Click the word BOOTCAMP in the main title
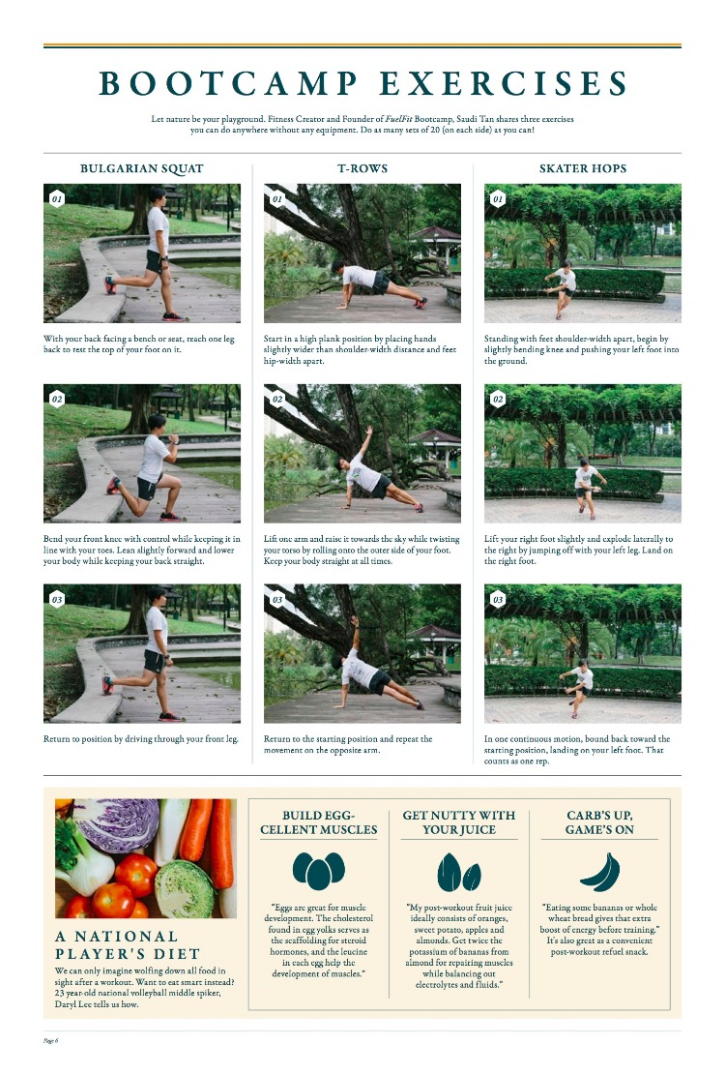click(228, 83)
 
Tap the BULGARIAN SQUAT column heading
click(142, 168)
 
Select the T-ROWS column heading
click(362, 168)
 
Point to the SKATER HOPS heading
click(583, 168)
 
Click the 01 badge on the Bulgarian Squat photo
click(57, 198)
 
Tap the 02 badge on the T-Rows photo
click(277, 399)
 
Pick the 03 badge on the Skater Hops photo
click(498, 599)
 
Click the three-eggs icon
click(318, 870)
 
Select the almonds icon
click(459, 872)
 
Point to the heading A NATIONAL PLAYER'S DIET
click(128, 945)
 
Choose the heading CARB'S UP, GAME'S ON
click(599, 822)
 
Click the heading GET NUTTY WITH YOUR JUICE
click(459, 822)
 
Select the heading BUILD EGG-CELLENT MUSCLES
click(318, 822)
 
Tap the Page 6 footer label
click(50, 1040)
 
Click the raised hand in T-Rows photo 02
click(370, 430)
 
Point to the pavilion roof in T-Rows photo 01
click(435, 233)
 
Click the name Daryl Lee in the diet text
click(73, 1004)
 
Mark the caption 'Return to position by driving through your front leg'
click(141, 739)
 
